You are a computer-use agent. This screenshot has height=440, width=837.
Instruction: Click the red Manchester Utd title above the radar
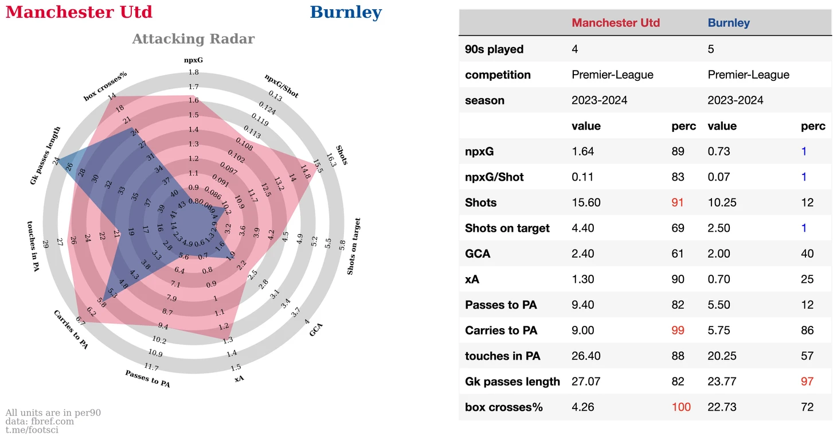tap(79, 12)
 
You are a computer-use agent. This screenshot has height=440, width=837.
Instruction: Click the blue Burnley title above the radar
tap(346, 12)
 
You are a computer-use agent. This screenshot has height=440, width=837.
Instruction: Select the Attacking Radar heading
tap(193, 39)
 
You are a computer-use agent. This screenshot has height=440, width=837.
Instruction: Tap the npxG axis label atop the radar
tap(193, 60)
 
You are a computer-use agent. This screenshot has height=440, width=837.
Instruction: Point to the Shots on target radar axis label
tap(354, 246)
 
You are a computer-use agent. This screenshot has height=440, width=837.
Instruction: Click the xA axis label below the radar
tap(239, 378)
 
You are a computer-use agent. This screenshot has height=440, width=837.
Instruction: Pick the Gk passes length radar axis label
tap(45, 156)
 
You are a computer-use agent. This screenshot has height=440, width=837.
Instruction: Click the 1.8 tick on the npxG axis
tap(193, 73)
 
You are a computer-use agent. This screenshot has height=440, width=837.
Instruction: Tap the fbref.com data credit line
tap(40, 421)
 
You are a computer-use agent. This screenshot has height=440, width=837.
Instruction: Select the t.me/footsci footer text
tap(32, 430)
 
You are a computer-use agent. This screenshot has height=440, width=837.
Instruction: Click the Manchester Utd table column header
tap(616, 23)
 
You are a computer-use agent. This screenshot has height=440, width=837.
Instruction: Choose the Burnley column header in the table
tap(729, 23)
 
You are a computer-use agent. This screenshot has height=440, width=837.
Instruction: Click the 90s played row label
tap(494, 49)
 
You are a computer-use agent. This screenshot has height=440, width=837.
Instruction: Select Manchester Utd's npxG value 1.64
tap(582, 151)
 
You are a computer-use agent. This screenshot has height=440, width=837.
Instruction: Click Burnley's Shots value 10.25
tap(722, 203)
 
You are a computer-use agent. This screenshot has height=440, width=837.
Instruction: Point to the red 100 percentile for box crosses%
tap(681, 407)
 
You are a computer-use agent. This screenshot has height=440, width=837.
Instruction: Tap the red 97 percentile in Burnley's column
tap(807, 381)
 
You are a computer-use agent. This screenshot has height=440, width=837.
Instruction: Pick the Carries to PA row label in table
tap(500, 330)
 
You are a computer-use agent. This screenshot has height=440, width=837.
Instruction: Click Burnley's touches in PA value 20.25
tap(722, 356)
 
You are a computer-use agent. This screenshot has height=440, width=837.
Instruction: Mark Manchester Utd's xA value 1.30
tap(582, 279)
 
